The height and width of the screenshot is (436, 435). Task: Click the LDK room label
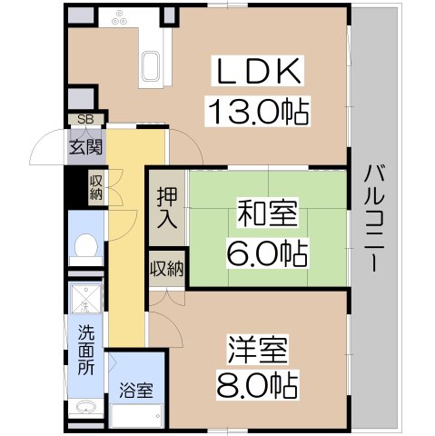click(x=258, y=72)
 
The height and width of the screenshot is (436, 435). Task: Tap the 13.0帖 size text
click(x=258, y=112)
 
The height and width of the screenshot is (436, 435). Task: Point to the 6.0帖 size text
click(x=267, y=252)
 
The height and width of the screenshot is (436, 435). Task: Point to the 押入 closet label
click(x=167, y=208)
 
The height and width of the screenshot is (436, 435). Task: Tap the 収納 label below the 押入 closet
click(x=167, y=269)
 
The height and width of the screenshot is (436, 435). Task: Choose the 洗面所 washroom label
click(x=86, y=350)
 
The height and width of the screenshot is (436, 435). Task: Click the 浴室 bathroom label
click(x=136, y=391)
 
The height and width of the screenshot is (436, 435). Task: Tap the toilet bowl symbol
click(x=86, y=246)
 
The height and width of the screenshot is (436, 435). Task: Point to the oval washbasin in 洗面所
click(x=86, y=409)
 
